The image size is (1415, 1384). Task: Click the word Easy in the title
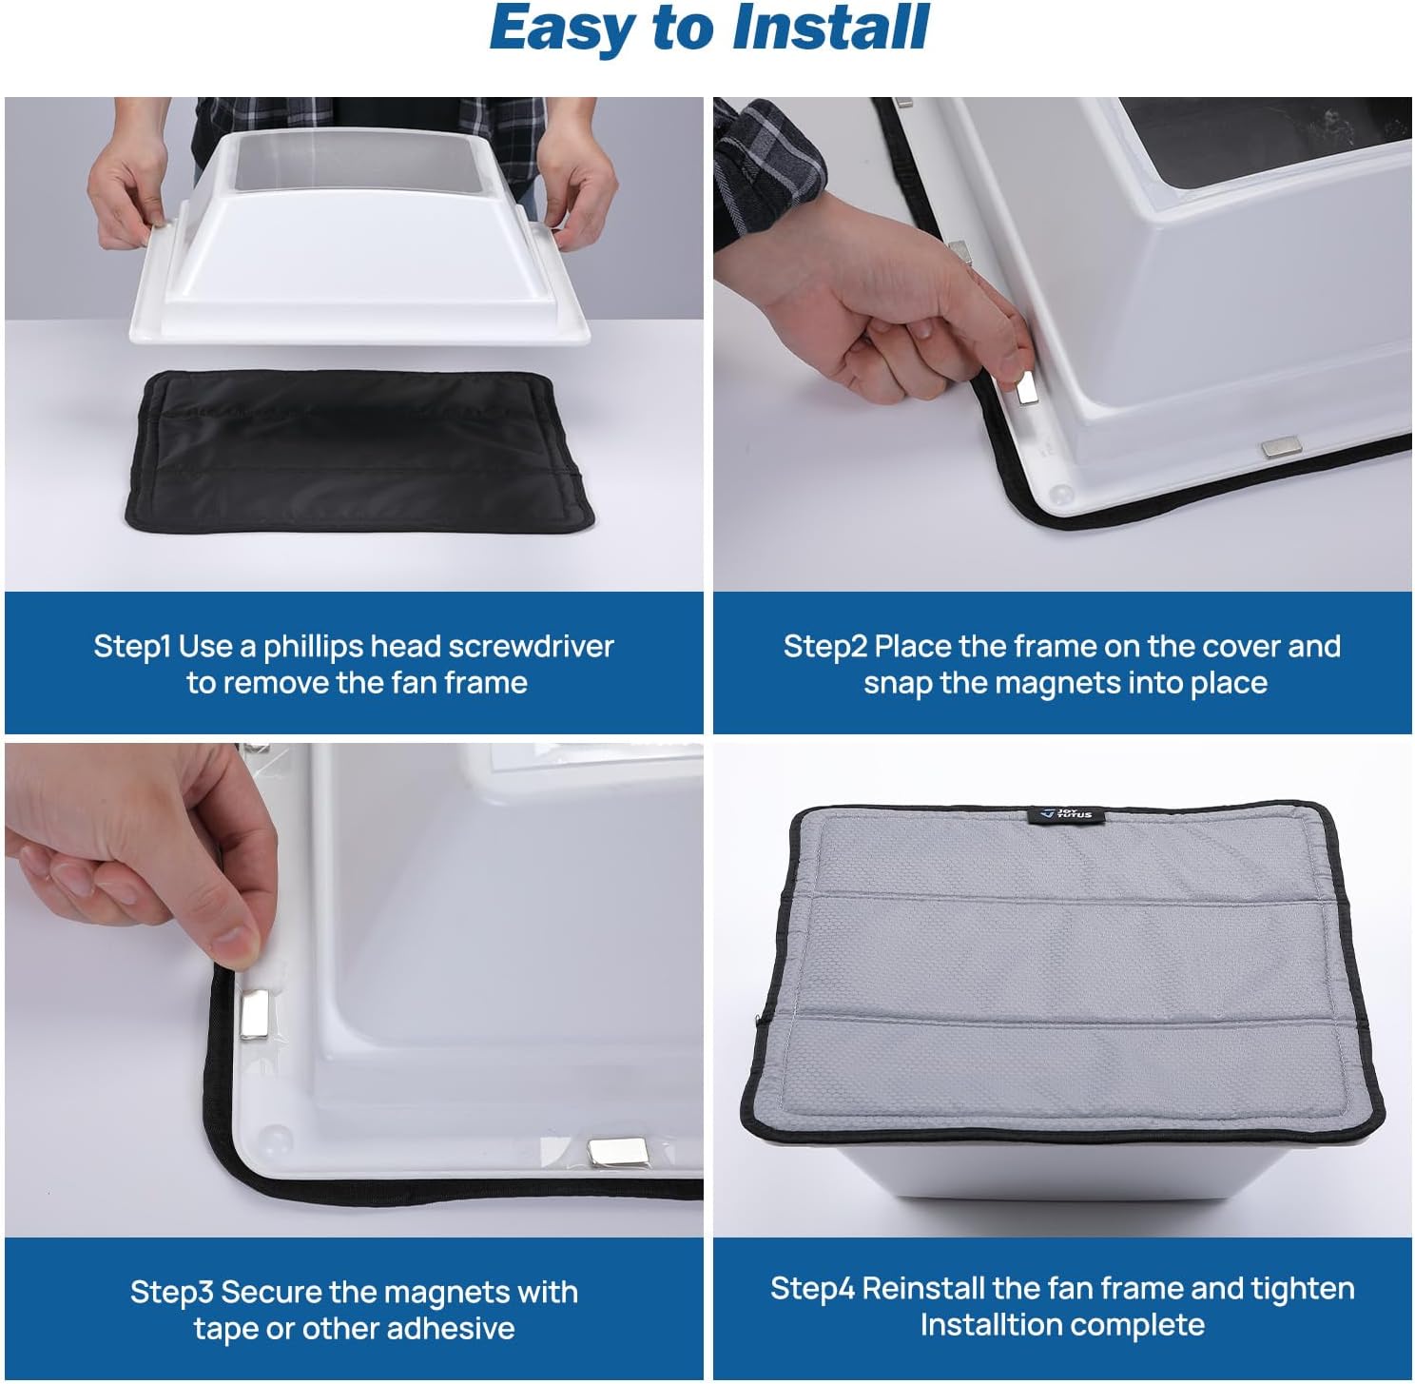(x=562, y=29)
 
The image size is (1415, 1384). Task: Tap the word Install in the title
(x=831, y=29)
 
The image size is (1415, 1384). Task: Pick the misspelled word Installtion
(x=988, y=1325)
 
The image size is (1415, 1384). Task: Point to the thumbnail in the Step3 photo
(x=234, y=946)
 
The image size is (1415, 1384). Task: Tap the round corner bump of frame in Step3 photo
(x=274, y=1137)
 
